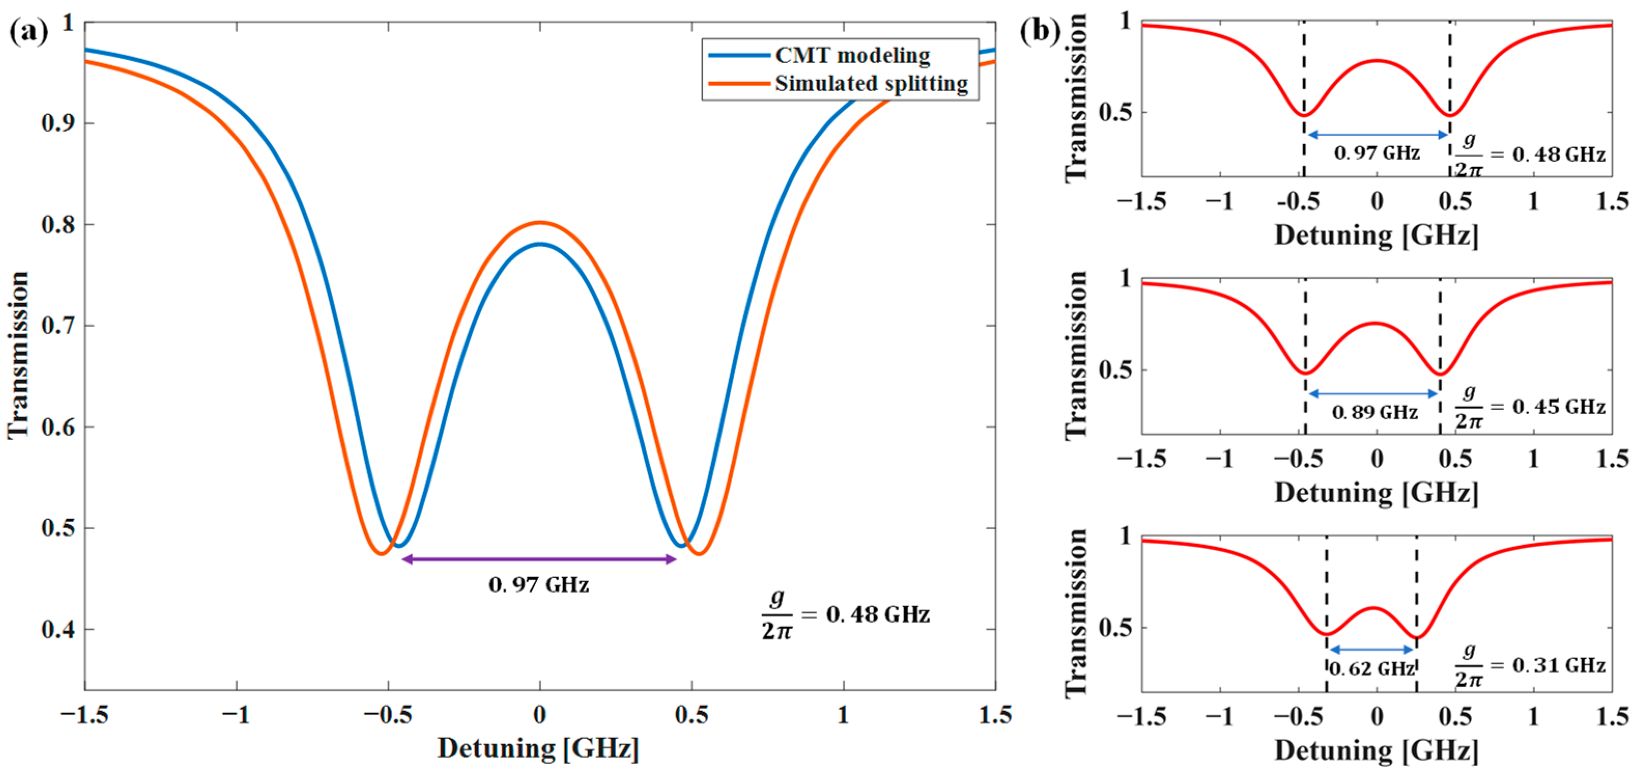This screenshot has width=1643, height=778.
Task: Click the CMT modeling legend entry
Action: pyautogui.click(x=852, y=55)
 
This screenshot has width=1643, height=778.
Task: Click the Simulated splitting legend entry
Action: pyautogui.click(x=871, y=83)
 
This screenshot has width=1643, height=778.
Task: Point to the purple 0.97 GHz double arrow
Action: pyautogui.click(x=539, y=560)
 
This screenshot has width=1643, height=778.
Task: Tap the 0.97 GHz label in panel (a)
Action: pyautogui.click(x=539, y=585)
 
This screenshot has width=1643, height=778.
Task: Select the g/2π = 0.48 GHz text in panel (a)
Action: pyautogui.click(x=846, y=615)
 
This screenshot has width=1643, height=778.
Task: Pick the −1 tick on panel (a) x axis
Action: pyautogui.click(x=237, y=715)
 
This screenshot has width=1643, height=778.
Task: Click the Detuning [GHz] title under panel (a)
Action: pyautogui.click(x=538, y=748)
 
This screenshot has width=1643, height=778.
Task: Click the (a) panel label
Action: pyautogui.click(x=28, y=30)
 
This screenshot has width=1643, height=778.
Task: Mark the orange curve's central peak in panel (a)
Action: pyautogui.click(x=540, y=223)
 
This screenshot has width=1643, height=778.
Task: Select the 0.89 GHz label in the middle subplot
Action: pyautogui.click(x=1375, y=412)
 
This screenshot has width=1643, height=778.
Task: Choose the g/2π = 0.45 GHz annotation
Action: pyautogui.click(x=1530, y=408)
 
